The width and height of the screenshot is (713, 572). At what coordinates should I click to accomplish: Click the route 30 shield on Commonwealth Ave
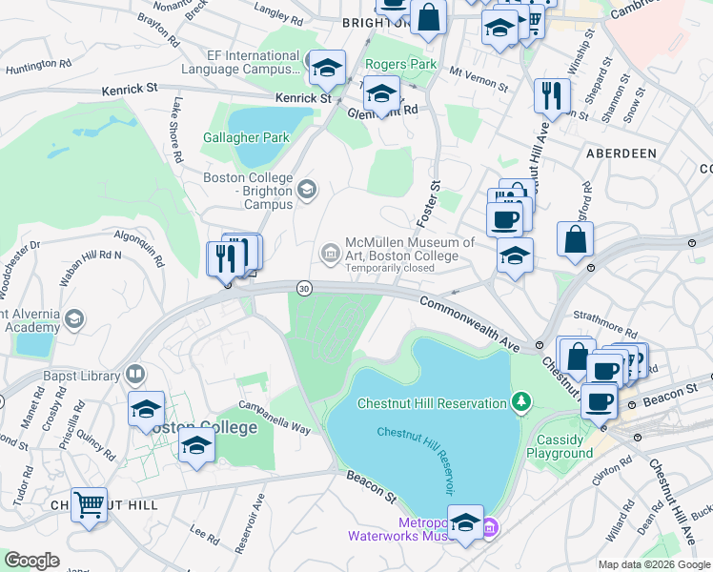click(x=303, y=288)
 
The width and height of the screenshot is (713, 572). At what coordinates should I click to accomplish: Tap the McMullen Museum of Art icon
click(x=330, y=252)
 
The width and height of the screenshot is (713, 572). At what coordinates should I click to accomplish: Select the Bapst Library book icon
click(x=136, y=374)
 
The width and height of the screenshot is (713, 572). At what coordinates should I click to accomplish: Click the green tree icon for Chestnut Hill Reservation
click(x=520, y=402)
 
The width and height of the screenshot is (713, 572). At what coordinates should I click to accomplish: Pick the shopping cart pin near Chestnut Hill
click(x=89, y=503)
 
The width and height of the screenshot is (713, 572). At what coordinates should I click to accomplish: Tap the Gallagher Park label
click(x=246, y=137)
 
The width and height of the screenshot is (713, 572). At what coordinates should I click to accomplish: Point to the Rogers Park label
click(x=400, y=65)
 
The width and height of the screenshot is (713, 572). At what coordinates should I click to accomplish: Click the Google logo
click(x=32, y=561)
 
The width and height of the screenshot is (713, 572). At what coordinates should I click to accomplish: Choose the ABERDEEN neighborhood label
click(x=621, y=153)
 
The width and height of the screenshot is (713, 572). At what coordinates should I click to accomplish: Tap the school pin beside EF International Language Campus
click(x=327, y=67)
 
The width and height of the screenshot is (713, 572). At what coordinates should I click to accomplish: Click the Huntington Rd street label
click(x=38, y=66)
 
